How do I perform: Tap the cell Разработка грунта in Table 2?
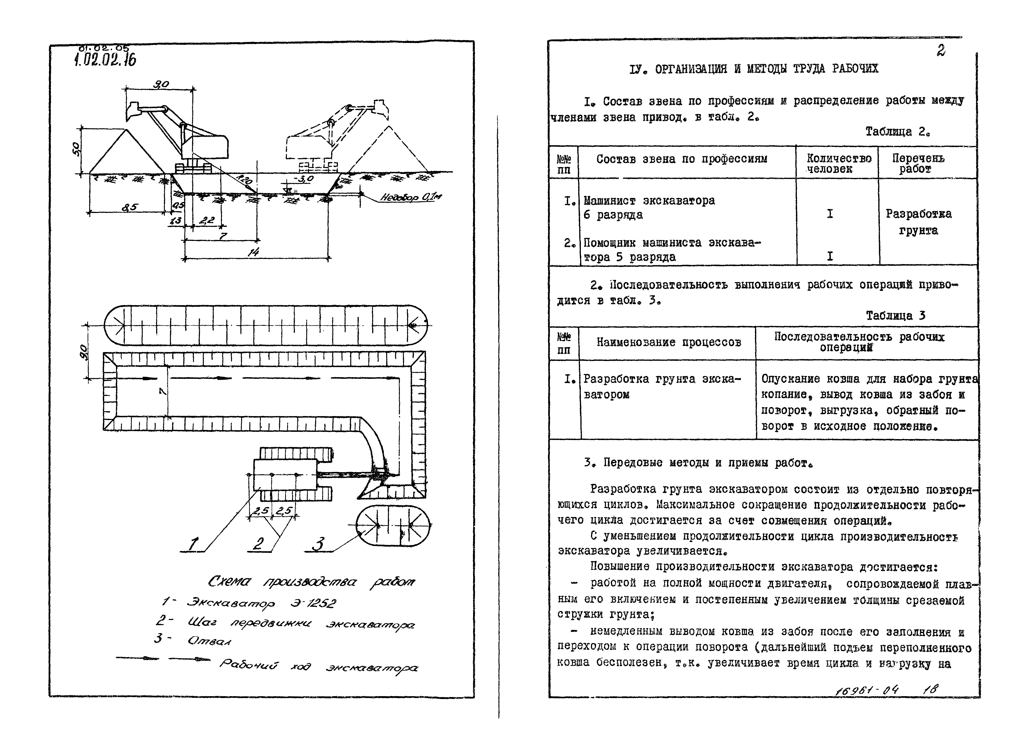[x=919, y=222]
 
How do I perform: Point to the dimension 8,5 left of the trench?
[x=130, y=207]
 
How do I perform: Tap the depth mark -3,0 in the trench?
[x=303, y=179]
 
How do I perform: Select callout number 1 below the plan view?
[x=193, y=544]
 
